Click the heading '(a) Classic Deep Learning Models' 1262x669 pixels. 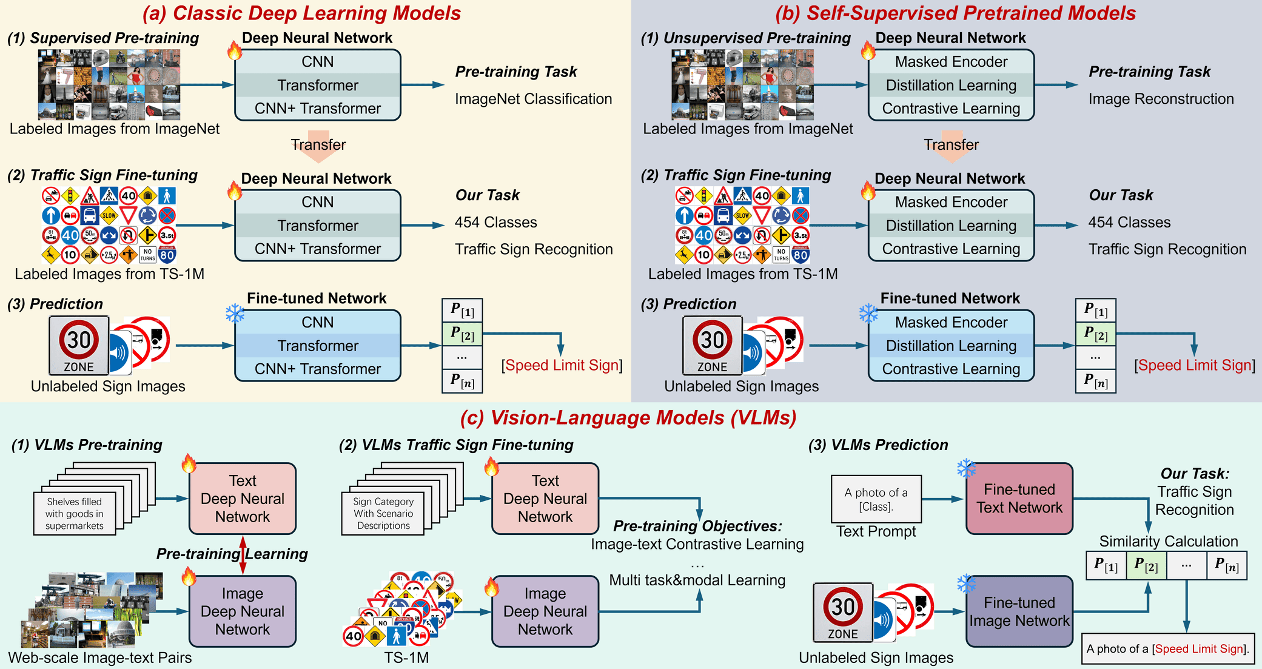point(301,13)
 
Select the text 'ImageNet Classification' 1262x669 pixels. point(533,99)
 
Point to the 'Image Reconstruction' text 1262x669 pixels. point(1161,99)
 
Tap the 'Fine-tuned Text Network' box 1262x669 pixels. point(1019,499)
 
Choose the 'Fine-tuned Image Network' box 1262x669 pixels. point(1019,611)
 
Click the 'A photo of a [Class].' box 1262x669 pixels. point(876,499)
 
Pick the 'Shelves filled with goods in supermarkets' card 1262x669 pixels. point(75,514)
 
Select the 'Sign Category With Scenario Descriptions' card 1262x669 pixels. point(383,514)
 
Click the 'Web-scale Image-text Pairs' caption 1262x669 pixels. point(100,658)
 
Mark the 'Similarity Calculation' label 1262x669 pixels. point(1168,541)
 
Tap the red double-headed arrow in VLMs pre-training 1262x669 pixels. point(243,554)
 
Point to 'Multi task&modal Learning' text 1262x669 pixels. point(697,580)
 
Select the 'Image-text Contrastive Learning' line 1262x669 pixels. point(697,544)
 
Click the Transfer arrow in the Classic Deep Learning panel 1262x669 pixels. point(318,146)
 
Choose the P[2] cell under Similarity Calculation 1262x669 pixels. point(1146,565)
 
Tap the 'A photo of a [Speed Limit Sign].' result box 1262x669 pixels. point(1167,649)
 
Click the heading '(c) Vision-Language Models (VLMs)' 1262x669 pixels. point(628,418)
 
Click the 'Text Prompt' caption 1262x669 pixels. point(876,532)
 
